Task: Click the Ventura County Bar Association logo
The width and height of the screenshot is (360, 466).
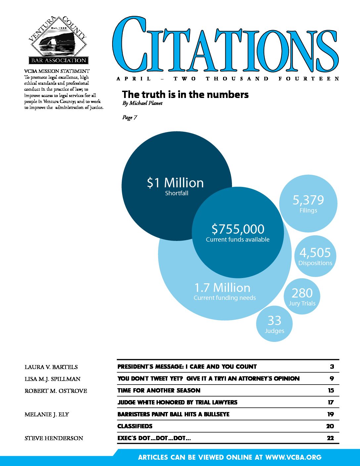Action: (x=58, y=40)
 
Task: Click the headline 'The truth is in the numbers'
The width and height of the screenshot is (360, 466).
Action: (x=185, y=95)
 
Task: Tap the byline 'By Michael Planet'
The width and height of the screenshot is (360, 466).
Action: (x=142, y=103)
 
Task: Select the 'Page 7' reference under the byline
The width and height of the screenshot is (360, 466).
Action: (x=129, y=117)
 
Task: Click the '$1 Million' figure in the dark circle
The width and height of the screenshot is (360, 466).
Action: (x=175, y=183)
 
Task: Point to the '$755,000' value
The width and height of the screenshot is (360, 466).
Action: (x=238, y=229)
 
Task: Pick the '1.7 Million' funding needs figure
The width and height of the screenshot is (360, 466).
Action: (x=222, y=288)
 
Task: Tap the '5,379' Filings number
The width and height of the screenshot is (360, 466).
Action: (x=308, y=200)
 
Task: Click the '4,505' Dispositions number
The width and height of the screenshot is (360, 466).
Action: (x=315, y=253)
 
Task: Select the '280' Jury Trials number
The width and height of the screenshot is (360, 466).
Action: (x=302, y=293)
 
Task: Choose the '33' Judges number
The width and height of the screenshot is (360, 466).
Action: (x=274, y=320)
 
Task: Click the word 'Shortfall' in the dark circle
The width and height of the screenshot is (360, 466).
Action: (x=177, y=193)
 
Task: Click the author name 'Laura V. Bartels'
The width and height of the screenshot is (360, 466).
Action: (x=51, y=367)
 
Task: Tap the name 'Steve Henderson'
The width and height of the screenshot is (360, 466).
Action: (x=54, y=438)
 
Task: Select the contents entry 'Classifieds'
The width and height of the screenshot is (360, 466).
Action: (x=135, y=426)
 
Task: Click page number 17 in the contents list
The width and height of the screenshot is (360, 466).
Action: (x=331, y=402)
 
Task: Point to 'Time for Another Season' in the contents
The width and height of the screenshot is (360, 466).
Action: (x=159, y=391)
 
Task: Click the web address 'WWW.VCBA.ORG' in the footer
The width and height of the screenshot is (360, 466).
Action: (x=293, y=457)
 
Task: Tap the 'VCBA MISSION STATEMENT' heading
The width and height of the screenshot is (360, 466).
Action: (x=57, y=71)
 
